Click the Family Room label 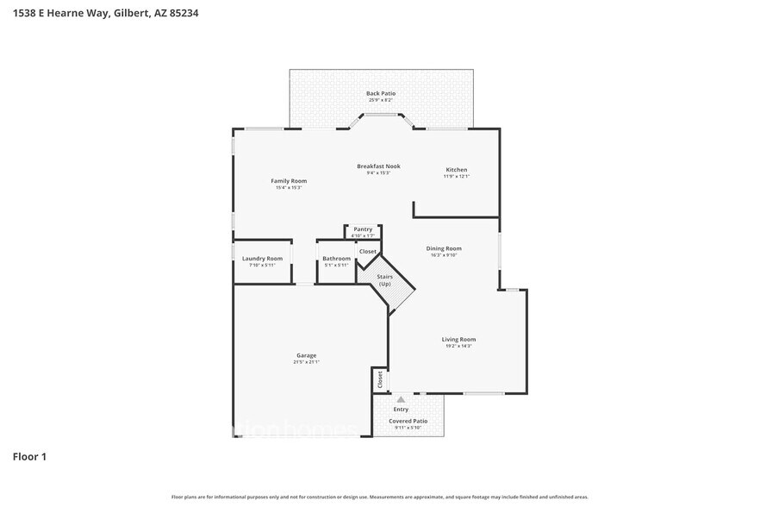289,181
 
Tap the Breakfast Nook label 378,166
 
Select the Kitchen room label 456,169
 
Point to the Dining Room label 444,248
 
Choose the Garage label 306,355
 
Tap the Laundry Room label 262,259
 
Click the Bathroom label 336,259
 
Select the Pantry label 363,229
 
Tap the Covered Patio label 408,422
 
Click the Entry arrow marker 401,399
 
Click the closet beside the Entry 378,379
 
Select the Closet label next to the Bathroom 368,252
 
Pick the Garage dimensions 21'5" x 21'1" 306,362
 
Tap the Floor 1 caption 28,456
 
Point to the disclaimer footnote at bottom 379,497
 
